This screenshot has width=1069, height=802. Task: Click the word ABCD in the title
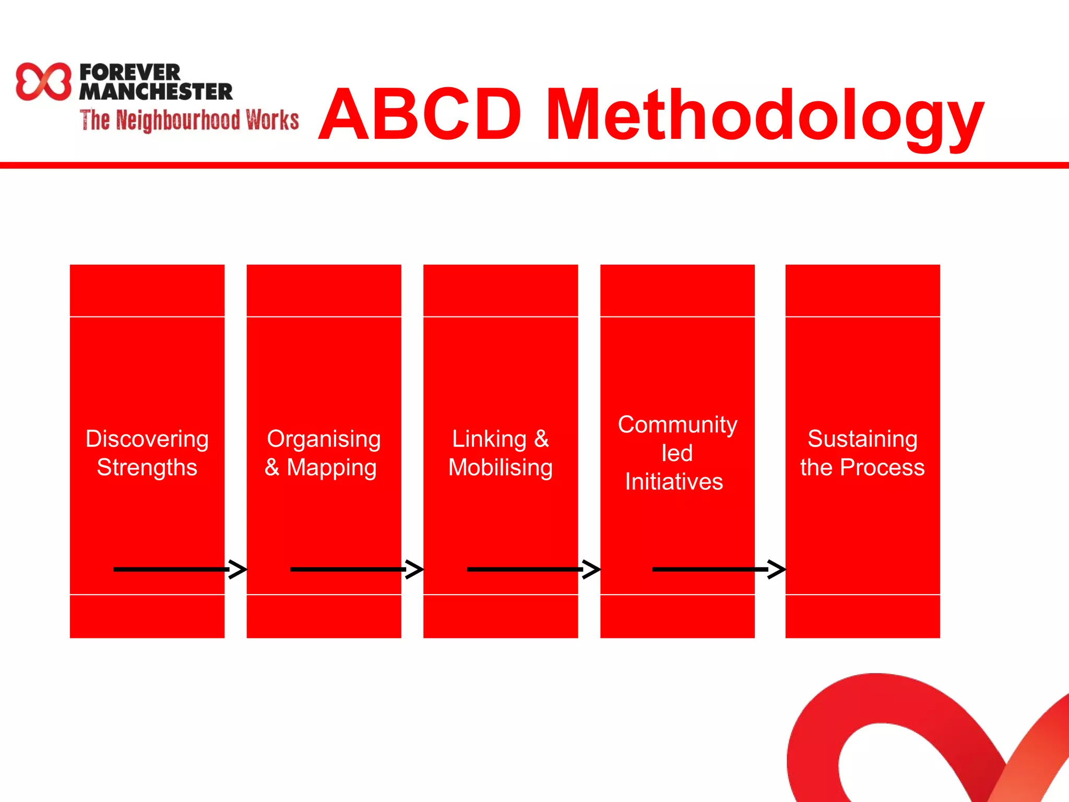pyautogui.click(x=421, y=115)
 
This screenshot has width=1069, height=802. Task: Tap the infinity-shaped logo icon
pyautogui.click(x=43, y=81)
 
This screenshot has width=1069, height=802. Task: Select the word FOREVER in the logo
pyautogui.click(x=130, y=72)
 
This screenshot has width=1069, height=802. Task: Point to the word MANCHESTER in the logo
pyautogui.click(x=156, y=92)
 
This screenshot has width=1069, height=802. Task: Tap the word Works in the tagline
pyautogui.click(x=272, y=120)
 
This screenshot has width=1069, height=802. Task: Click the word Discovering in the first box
pyautogui.click(x=147, y=439)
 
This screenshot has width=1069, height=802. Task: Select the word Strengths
pyautogui.click(x=147, y=467)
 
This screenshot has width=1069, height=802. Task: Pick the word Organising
pyautogui.click(x=324, y=439)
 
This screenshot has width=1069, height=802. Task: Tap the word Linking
pyautogui.click(x=489, y=439)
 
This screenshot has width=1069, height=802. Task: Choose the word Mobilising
pyautogui.click(x=501, y=467)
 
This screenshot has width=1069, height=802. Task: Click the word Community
pyautogui.click(x=678, y=424)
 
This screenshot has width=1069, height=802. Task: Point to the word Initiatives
pyautogui.click(x=674, y=481)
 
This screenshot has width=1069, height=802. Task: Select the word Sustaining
pyautogui.click(x=862, y=439)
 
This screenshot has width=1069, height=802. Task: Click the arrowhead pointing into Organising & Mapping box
pyautogui.click(x=238, y=569)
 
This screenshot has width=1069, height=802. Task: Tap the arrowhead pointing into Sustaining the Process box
pyautogui.click(x=777, y=569)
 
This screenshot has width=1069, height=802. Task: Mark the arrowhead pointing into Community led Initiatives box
pyautogui.click(x=591, y=569)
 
